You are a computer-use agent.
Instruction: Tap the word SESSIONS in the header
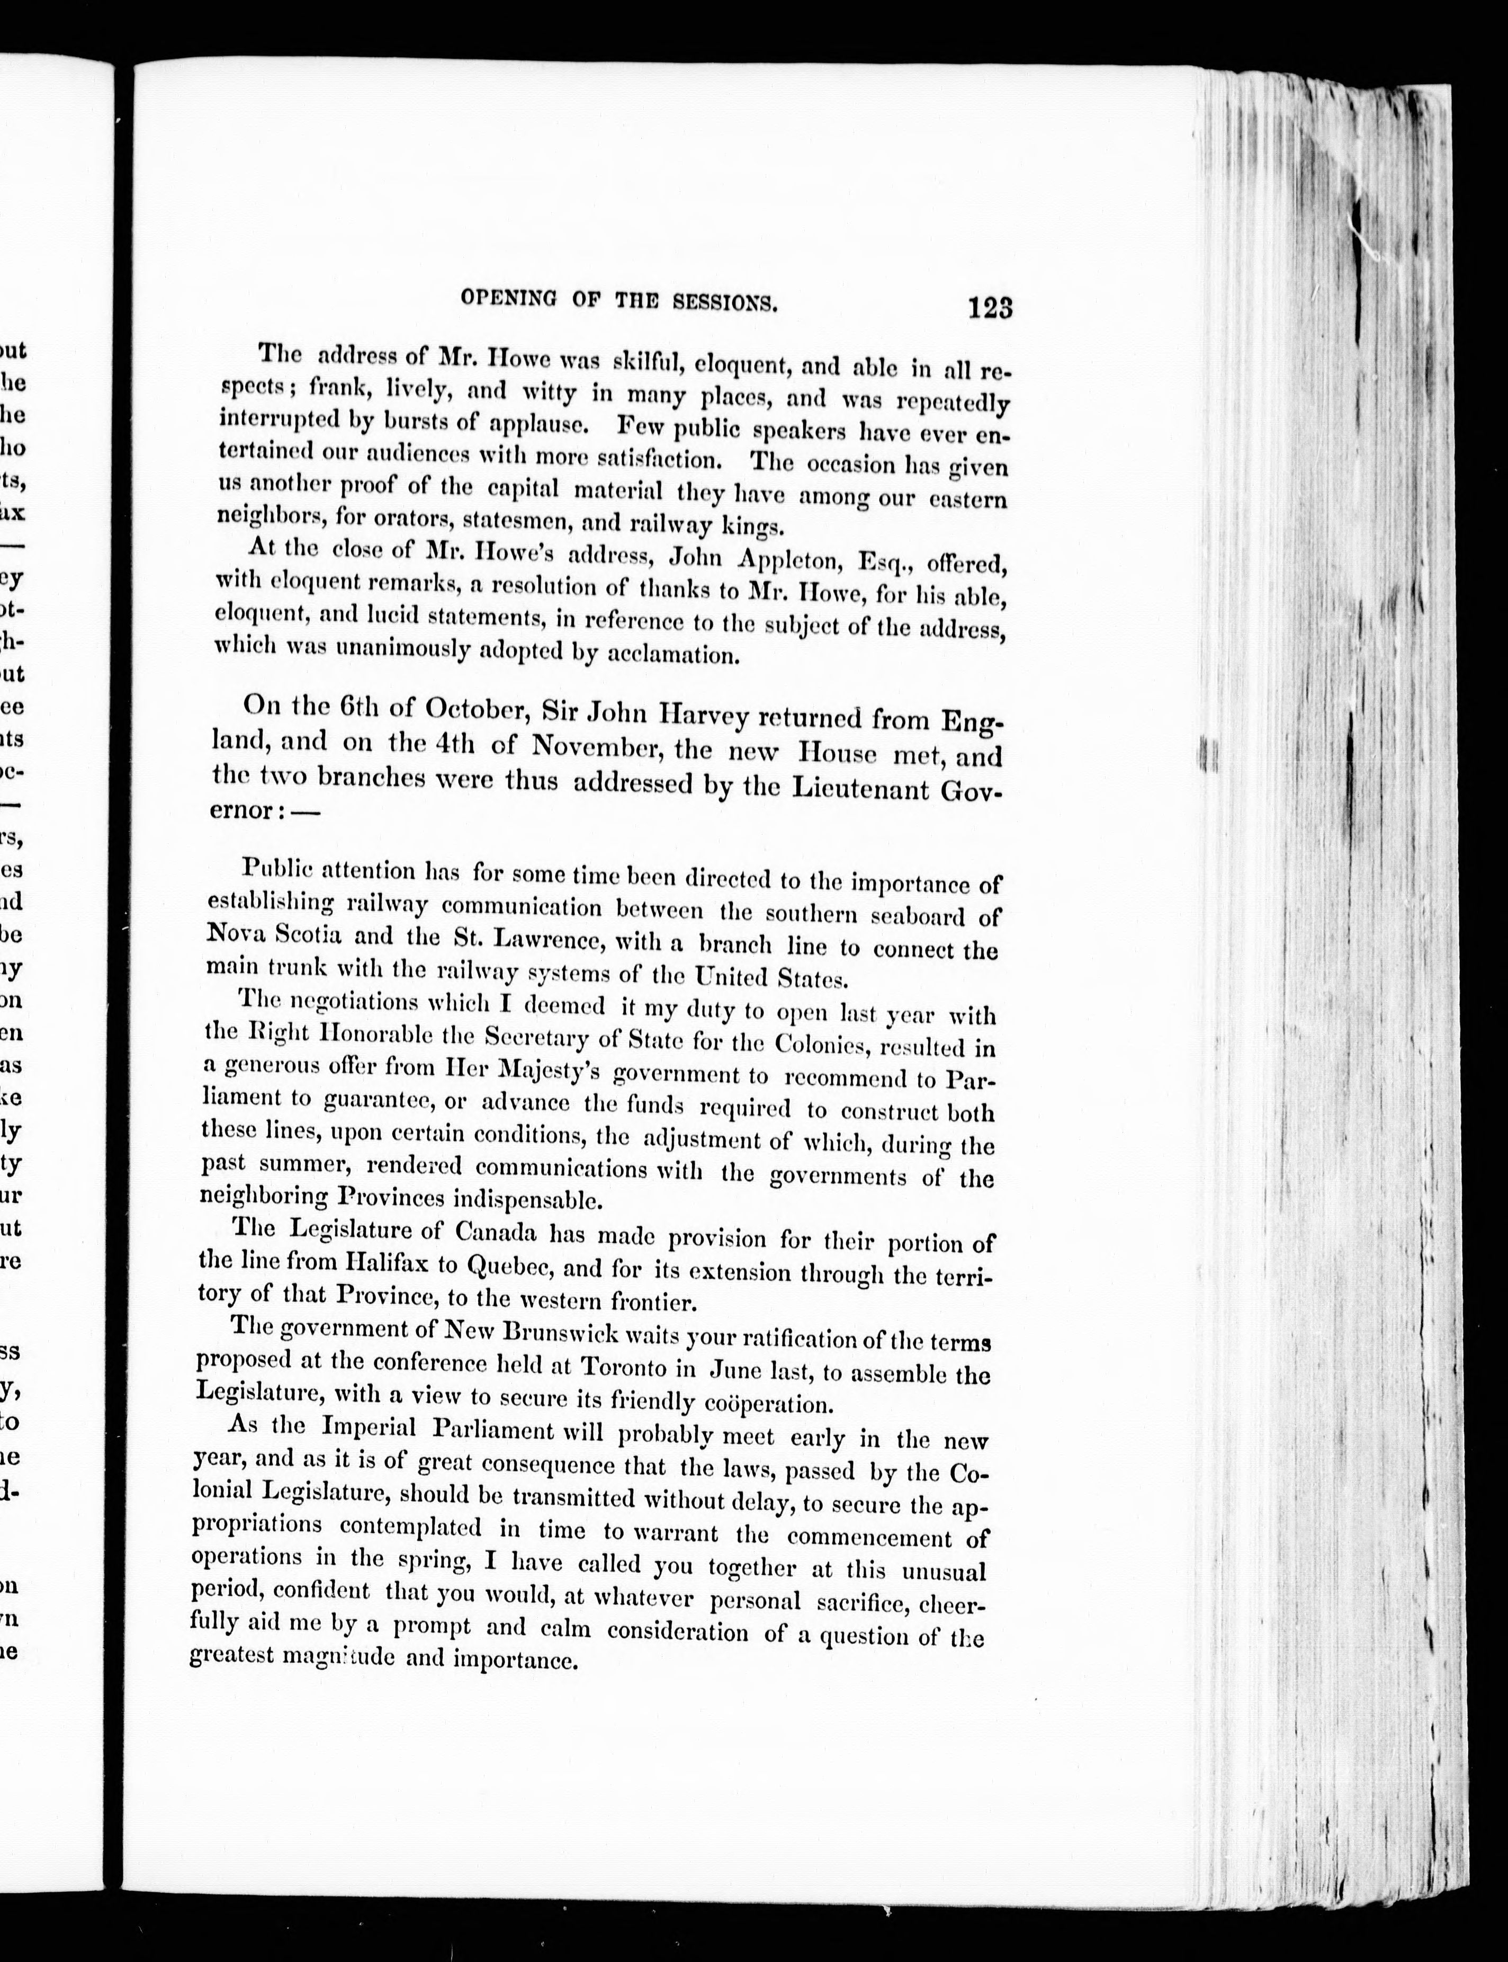click(x=723, y=302)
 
